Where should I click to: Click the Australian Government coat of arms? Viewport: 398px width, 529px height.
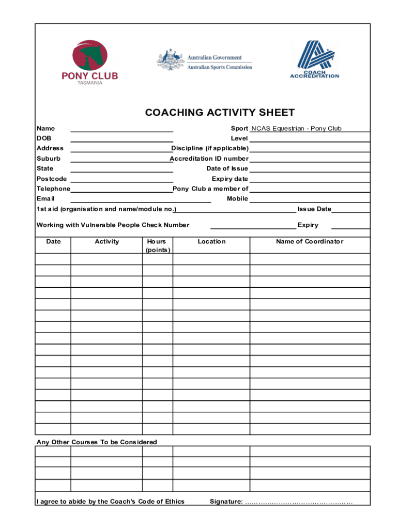tap(171, 60)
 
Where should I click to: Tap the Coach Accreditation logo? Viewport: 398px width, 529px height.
tap(314, 59)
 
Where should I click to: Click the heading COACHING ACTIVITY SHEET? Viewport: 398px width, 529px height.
tap(220, 113)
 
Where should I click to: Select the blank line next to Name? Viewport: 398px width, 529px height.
tap(121, 129)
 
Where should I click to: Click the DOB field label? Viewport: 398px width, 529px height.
tap(44, 138)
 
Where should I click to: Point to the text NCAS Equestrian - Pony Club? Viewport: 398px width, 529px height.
tap(296, 129)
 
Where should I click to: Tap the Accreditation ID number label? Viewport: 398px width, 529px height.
tap(209, 159)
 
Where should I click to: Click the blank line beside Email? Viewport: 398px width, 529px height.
tap(140, 199)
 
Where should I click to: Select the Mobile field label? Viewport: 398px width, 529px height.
tap(237, 199)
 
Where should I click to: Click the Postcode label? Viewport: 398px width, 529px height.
tap(52, 179)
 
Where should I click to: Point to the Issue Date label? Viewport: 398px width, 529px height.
tap(314, 209)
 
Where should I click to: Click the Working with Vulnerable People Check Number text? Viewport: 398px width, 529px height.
tap(113, 225)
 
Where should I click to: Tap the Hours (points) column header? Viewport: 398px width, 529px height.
tap(157, 246)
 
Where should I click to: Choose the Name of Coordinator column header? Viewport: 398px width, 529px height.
tap(310, 242)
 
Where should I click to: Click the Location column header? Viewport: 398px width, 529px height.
tap(211, 242)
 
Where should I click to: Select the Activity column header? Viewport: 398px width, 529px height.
tap(106, 242)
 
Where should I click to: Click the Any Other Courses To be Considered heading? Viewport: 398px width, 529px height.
tap(97, 442)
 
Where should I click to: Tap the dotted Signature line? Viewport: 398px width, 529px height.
tap(299, 502)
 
